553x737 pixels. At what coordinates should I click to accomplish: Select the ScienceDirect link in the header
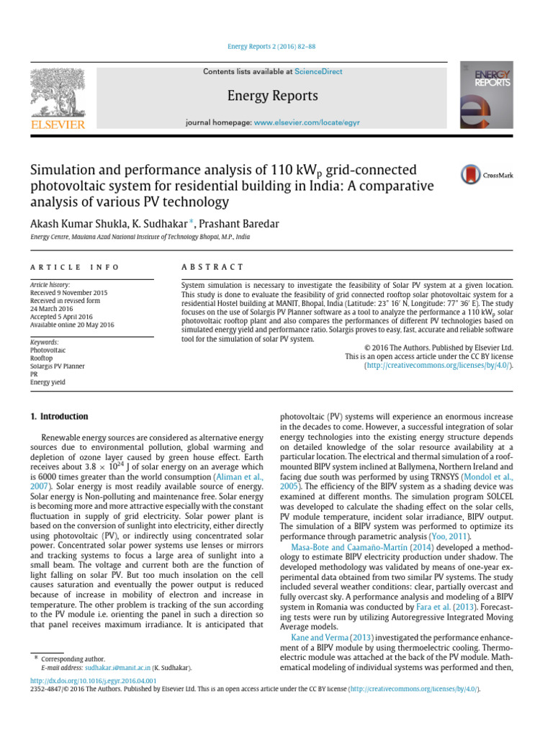click(318, 72)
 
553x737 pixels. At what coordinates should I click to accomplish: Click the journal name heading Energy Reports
click(272, 96)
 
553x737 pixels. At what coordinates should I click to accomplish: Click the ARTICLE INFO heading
click(75, 267)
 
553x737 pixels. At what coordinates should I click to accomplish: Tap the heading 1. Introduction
click(59, 417)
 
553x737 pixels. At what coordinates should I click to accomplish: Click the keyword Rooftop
click(42, 358)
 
